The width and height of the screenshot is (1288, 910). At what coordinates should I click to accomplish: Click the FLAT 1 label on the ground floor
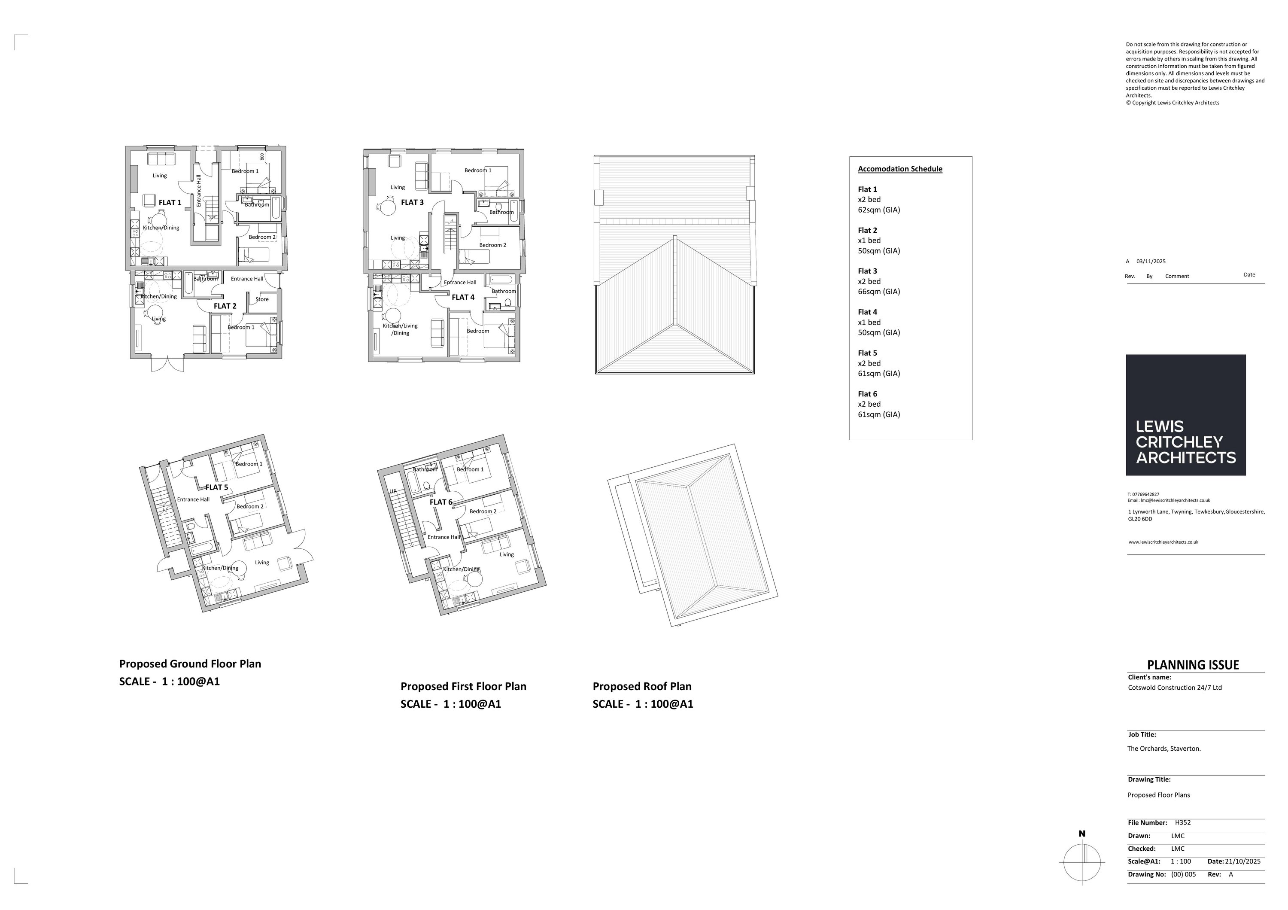click(x=170, y=203)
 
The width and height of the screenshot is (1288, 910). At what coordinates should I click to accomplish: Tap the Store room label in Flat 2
click(x=262, y=299)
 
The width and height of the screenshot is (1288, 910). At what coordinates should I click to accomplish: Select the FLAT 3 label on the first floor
click(x=412, y=202)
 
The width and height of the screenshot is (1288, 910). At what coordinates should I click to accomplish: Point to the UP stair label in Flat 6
click(x=393, y=491)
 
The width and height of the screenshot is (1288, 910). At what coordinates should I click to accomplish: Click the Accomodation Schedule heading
click(x=900, y=169)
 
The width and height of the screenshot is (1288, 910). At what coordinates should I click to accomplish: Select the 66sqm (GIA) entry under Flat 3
click(x=878, y=292)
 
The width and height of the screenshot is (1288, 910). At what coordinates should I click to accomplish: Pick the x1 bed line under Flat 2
click(x=869, y=240)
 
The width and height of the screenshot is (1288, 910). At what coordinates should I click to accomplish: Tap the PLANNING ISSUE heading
click(x=1193, y=665)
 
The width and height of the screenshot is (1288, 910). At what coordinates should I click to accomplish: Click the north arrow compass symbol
click(x=1082, y=862)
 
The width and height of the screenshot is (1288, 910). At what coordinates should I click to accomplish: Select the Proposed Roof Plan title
click(x=642, y=686)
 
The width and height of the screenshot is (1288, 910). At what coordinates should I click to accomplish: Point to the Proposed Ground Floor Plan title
click(x=190, y=663)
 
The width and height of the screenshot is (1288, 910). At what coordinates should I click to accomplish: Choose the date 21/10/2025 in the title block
click(x=1242, y=861)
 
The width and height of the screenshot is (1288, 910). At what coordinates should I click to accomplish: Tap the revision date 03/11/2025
click(x=1151, y=262)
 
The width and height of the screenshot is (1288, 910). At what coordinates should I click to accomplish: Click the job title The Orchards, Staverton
click(x=1164, y=749)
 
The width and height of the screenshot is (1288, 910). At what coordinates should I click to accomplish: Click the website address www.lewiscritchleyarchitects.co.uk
click(x=1163, y=542)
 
